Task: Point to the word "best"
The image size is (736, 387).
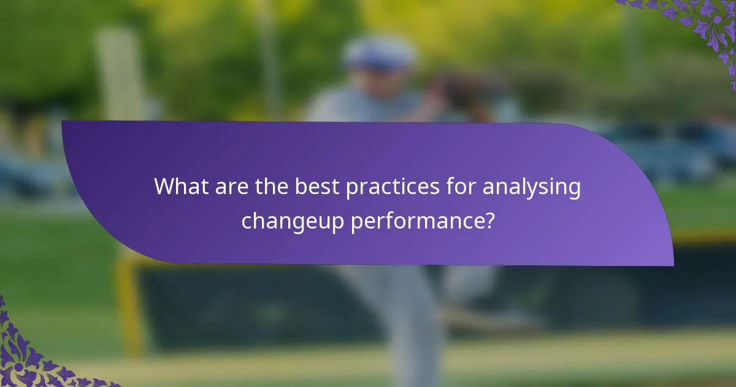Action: (317, 186)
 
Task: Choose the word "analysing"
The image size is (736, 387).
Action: (531, 186)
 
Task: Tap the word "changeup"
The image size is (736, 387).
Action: (293, 221)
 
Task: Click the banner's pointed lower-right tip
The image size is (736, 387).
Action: (671, 264)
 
